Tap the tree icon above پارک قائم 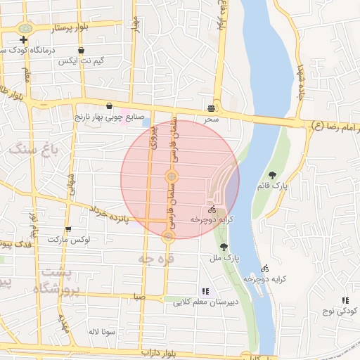(272, 175)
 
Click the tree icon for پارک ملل (224, 247)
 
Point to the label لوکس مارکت (70, 240)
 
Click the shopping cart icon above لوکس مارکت (67, 229)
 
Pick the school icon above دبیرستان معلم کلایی (205, 290)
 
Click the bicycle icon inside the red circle (212, 210)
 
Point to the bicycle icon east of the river (264, 268)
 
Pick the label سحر (212, 120)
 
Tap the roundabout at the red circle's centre (171, 175)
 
